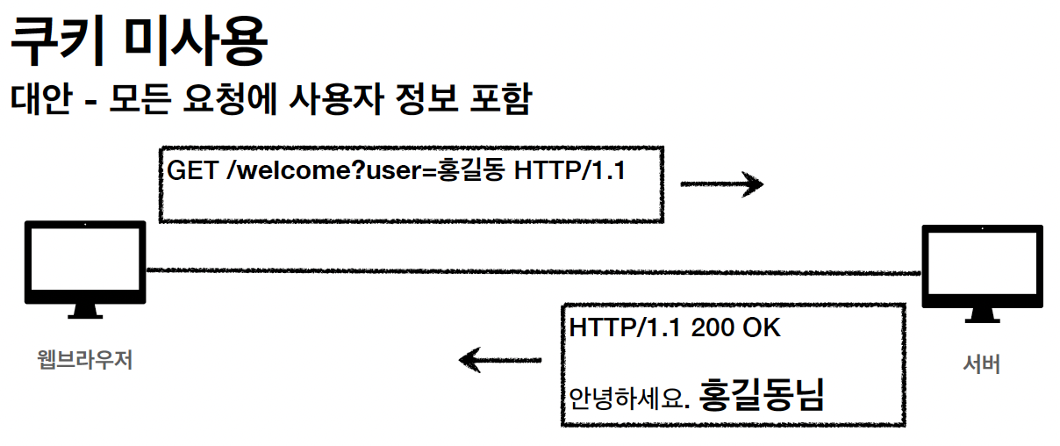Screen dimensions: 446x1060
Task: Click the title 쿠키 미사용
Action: (136, 42)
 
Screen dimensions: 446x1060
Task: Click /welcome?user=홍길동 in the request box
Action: (365, 171)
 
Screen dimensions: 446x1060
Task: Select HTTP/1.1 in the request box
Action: (569, 171)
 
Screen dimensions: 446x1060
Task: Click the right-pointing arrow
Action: (721, 184)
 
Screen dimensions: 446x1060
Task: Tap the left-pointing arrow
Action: (500, 359)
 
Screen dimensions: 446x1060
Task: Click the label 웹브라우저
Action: (85, 360)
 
